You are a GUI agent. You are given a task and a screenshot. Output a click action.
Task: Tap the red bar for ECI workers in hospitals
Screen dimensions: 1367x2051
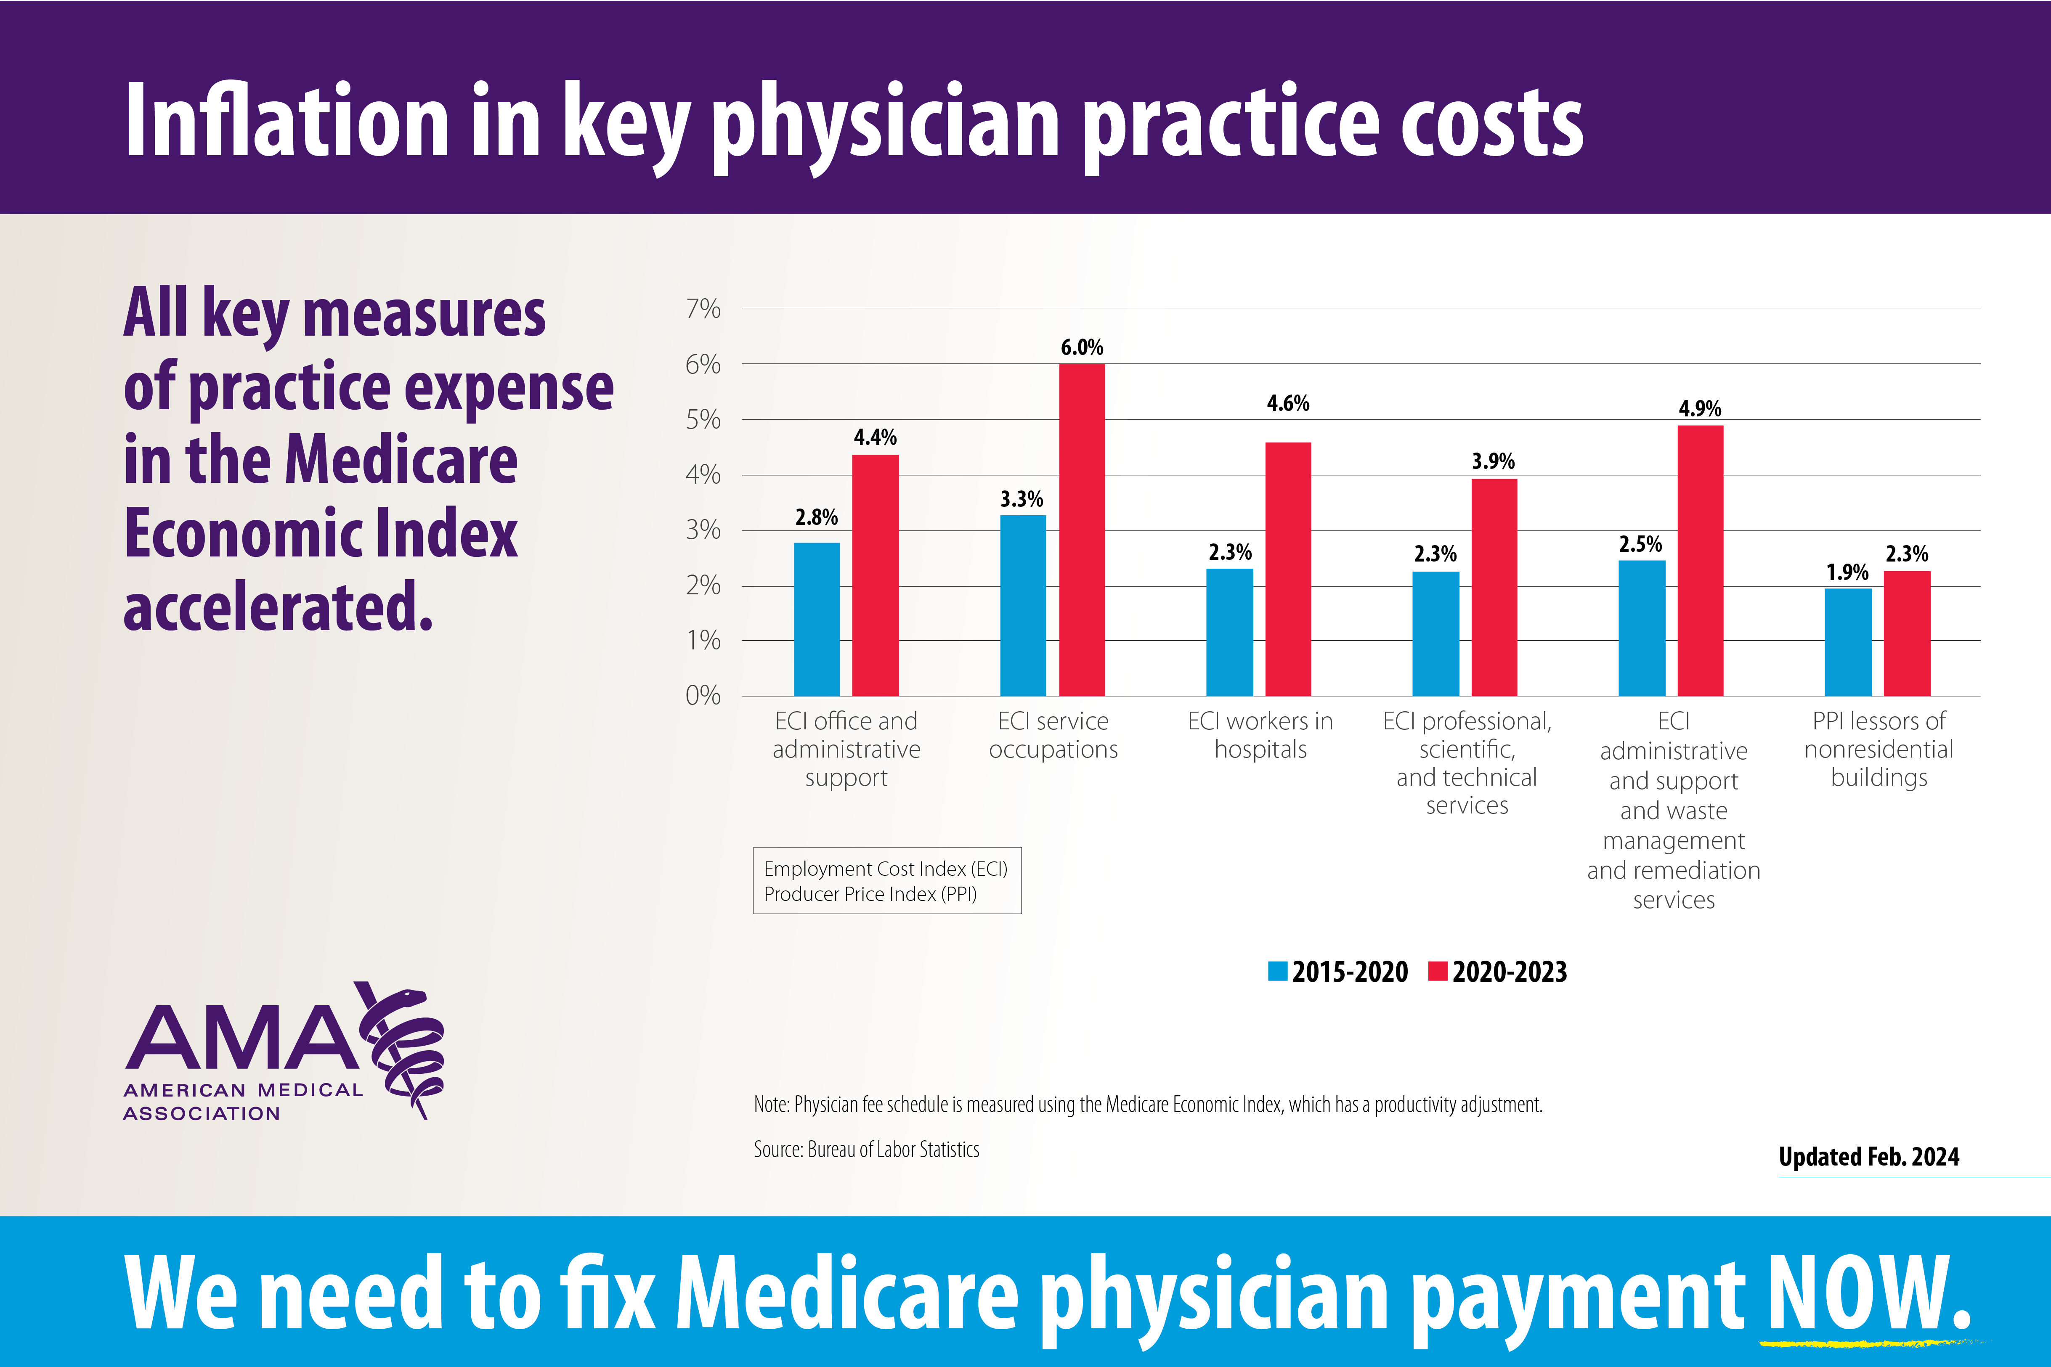(1288, 568)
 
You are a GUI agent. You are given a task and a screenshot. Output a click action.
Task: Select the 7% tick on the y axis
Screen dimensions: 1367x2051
(703, 309)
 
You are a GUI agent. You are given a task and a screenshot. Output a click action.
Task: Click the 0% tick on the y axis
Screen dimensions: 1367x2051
(703, 696)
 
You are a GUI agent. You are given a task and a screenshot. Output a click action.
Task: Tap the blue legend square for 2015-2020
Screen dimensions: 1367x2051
(1278, 971)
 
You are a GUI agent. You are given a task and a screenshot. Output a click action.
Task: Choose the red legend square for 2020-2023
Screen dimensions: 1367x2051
(1438, 971)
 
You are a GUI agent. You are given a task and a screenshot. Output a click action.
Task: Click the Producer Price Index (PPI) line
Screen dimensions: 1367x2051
(870, 895)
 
